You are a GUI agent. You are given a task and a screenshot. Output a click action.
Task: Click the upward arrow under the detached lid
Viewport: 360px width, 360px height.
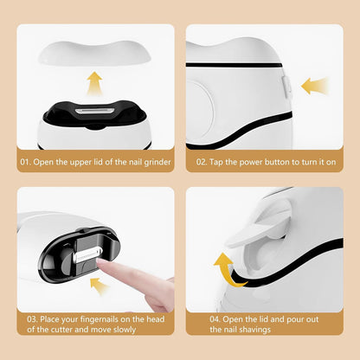94,84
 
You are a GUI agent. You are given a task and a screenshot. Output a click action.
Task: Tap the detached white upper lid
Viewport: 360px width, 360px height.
94,53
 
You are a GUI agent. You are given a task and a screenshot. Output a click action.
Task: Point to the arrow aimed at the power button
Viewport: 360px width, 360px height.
314,86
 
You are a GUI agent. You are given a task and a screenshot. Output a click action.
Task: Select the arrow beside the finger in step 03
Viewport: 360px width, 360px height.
99,286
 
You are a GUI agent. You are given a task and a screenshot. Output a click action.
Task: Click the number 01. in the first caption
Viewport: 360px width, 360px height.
25,162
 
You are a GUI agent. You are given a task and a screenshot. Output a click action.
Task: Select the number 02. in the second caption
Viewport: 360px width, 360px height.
202,162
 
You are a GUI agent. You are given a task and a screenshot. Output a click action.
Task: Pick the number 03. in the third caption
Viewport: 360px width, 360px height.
32,319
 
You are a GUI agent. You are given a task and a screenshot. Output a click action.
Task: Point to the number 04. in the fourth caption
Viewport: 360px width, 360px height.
215,319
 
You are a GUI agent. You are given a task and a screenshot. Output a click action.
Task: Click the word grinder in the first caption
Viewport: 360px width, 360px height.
157,163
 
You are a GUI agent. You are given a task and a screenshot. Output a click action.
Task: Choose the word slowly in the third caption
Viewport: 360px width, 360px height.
125,330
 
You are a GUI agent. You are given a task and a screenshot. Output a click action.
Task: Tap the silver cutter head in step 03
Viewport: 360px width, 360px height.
87,254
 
